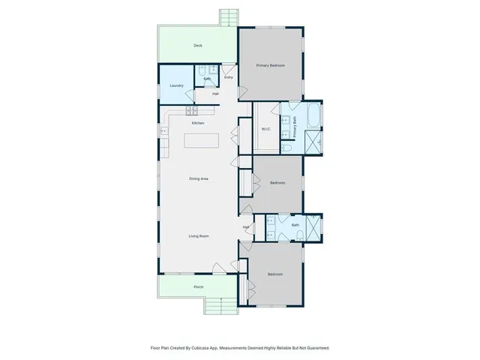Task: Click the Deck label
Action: [198, 46]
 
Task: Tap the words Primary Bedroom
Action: [271, 66]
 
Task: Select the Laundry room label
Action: [176, 85]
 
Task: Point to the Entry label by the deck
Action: [228, 77]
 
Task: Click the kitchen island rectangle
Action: [202, 140]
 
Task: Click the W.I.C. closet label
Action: [265, 129]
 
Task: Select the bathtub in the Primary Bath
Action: [313, 117]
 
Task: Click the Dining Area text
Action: [198, 178]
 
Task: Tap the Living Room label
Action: [198, 235]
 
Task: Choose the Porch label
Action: [198, 286]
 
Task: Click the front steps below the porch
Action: [218, 305]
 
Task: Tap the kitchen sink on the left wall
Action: [162, 132]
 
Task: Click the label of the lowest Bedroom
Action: [275, 274]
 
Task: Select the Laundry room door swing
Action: [202, 95]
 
